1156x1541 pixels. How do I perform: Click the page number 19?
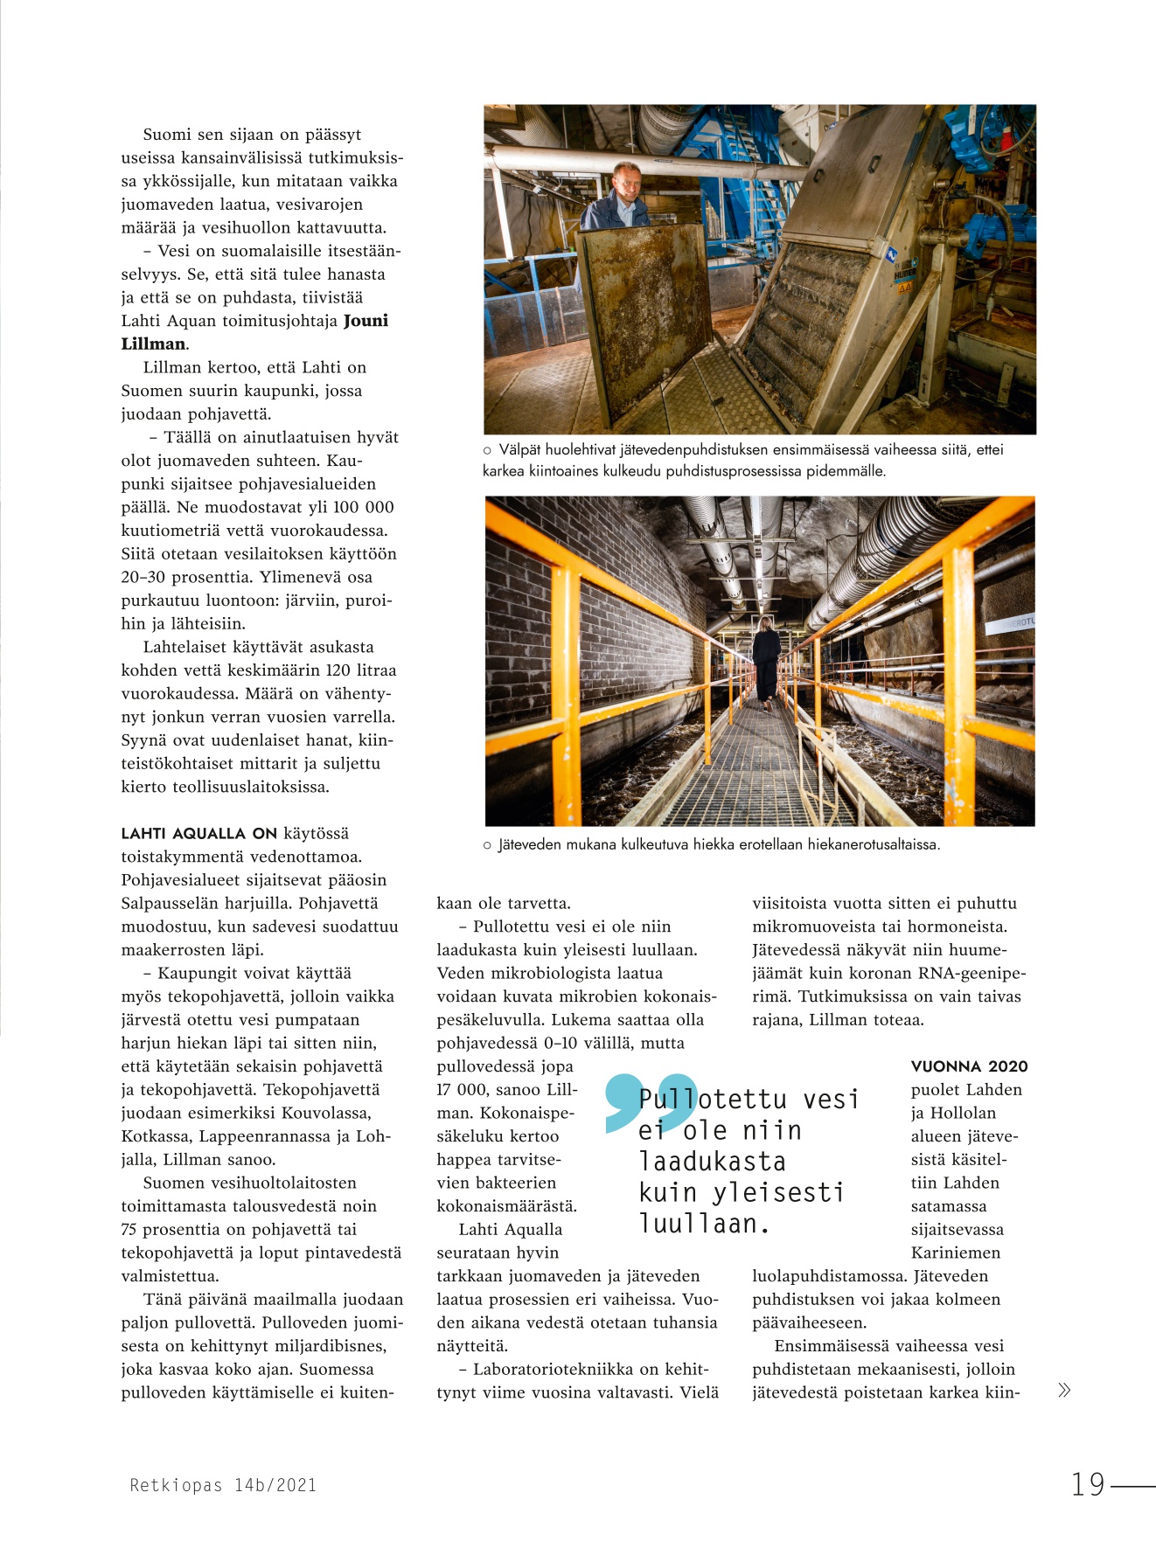[1089, 1484]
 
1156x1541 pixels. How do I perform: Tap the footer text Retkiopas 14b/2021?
[223, 1485]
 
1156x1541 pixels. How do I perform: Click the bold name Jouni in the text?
[366, 321]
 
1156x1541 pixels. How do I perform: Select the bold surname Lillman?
[153, 344]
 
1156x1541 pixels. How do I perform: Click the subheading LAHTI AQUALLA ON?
[198, 834]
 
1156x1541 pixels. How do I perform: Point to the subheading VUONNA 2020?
[969, 1066]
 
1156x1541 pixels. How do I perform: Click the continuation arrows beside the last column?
[1063, 1391]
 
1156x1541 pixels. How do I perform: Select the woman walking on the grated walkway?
[766, 660]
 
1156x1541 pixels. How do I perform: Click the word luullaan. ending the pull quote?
[704, 1225]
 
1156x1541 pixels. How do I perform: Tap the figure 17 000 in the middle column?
[463, 1090]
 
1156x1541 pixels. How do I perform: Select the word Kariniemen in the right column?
[956, 1253]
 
